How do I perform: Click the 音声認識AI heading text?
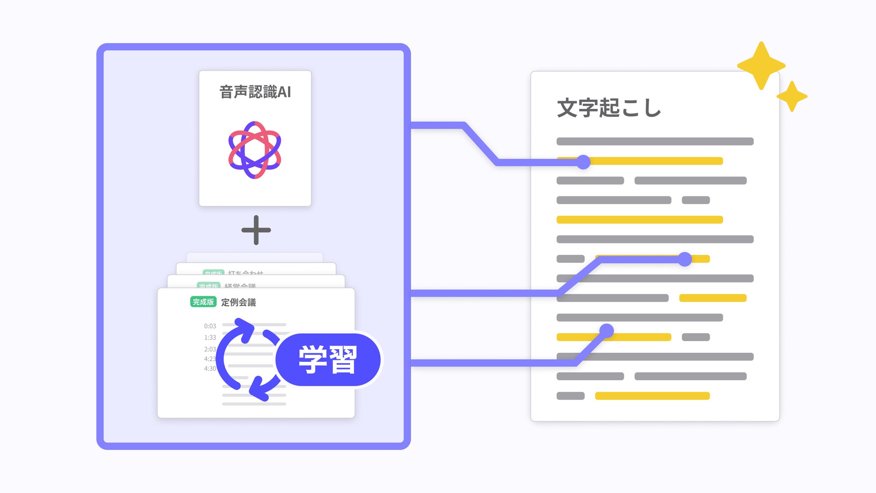point(255,92)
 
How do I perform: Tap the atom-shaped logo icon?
point(255,150)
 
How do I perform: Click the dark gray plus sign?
point(256,230)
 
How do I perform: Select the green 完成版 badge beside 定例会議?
point(203,302)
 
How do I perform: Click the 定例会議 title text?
point(239,302)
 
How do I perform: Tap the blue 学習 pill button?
point(328,360)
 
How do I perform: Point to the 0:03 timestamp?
point(210,326)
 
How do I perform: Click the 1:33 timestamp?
point(210,338)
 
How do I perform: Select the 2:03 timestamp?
point(210,349)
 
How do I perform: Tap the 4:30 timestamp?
point(210,369)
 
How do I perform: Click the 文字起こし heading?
point(609,108)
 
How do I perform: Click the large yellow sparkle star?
point(761,66)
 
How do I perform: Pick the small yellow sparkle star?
point(792,96)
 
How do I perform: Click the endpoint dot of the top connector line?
point(583,162)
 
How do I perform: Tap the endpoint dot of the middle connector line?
point(685,259)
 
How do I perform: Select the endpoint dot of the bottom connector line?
point(606,331)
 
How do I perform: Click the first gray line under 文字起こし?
point(655,142)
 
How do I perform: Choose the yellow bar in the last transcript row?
point(652,396)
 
